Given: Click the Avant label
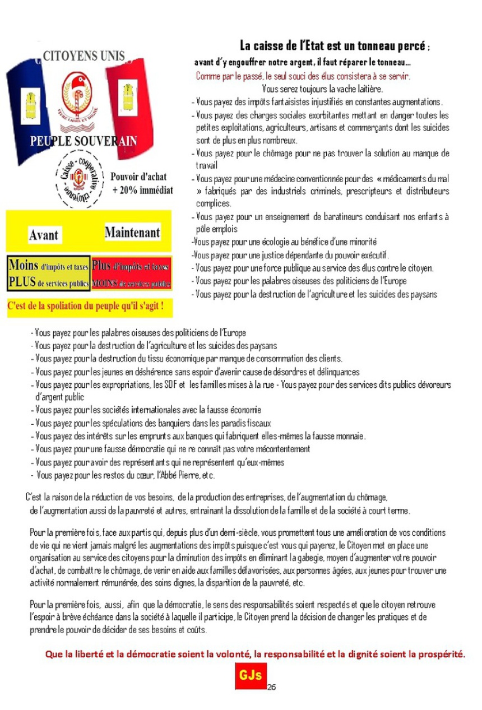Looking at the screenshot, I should pyautogui.click(x=43, y=235).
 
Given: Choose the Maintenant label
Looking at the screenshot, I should pyautogui.click(x=132, y=232).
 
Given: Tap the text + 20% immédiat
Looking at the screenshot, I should pyautogui.click(x=142, y=191).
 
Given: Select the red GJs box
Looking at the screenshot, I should pyautogui.click(x=251, y=676).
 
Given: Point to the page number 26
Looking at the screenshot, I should pyautogui.click(x=271, y=687).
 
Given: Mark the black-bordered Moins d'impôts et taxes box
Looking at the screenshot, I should pyautogui.click(x=48, y=274).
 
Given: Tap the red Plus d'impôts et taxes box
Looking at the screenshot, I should pyautogui.click(x=131, y=274).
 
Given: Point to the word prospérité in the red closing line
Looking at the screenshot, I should pyautogui.click(x=440, y=654).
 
